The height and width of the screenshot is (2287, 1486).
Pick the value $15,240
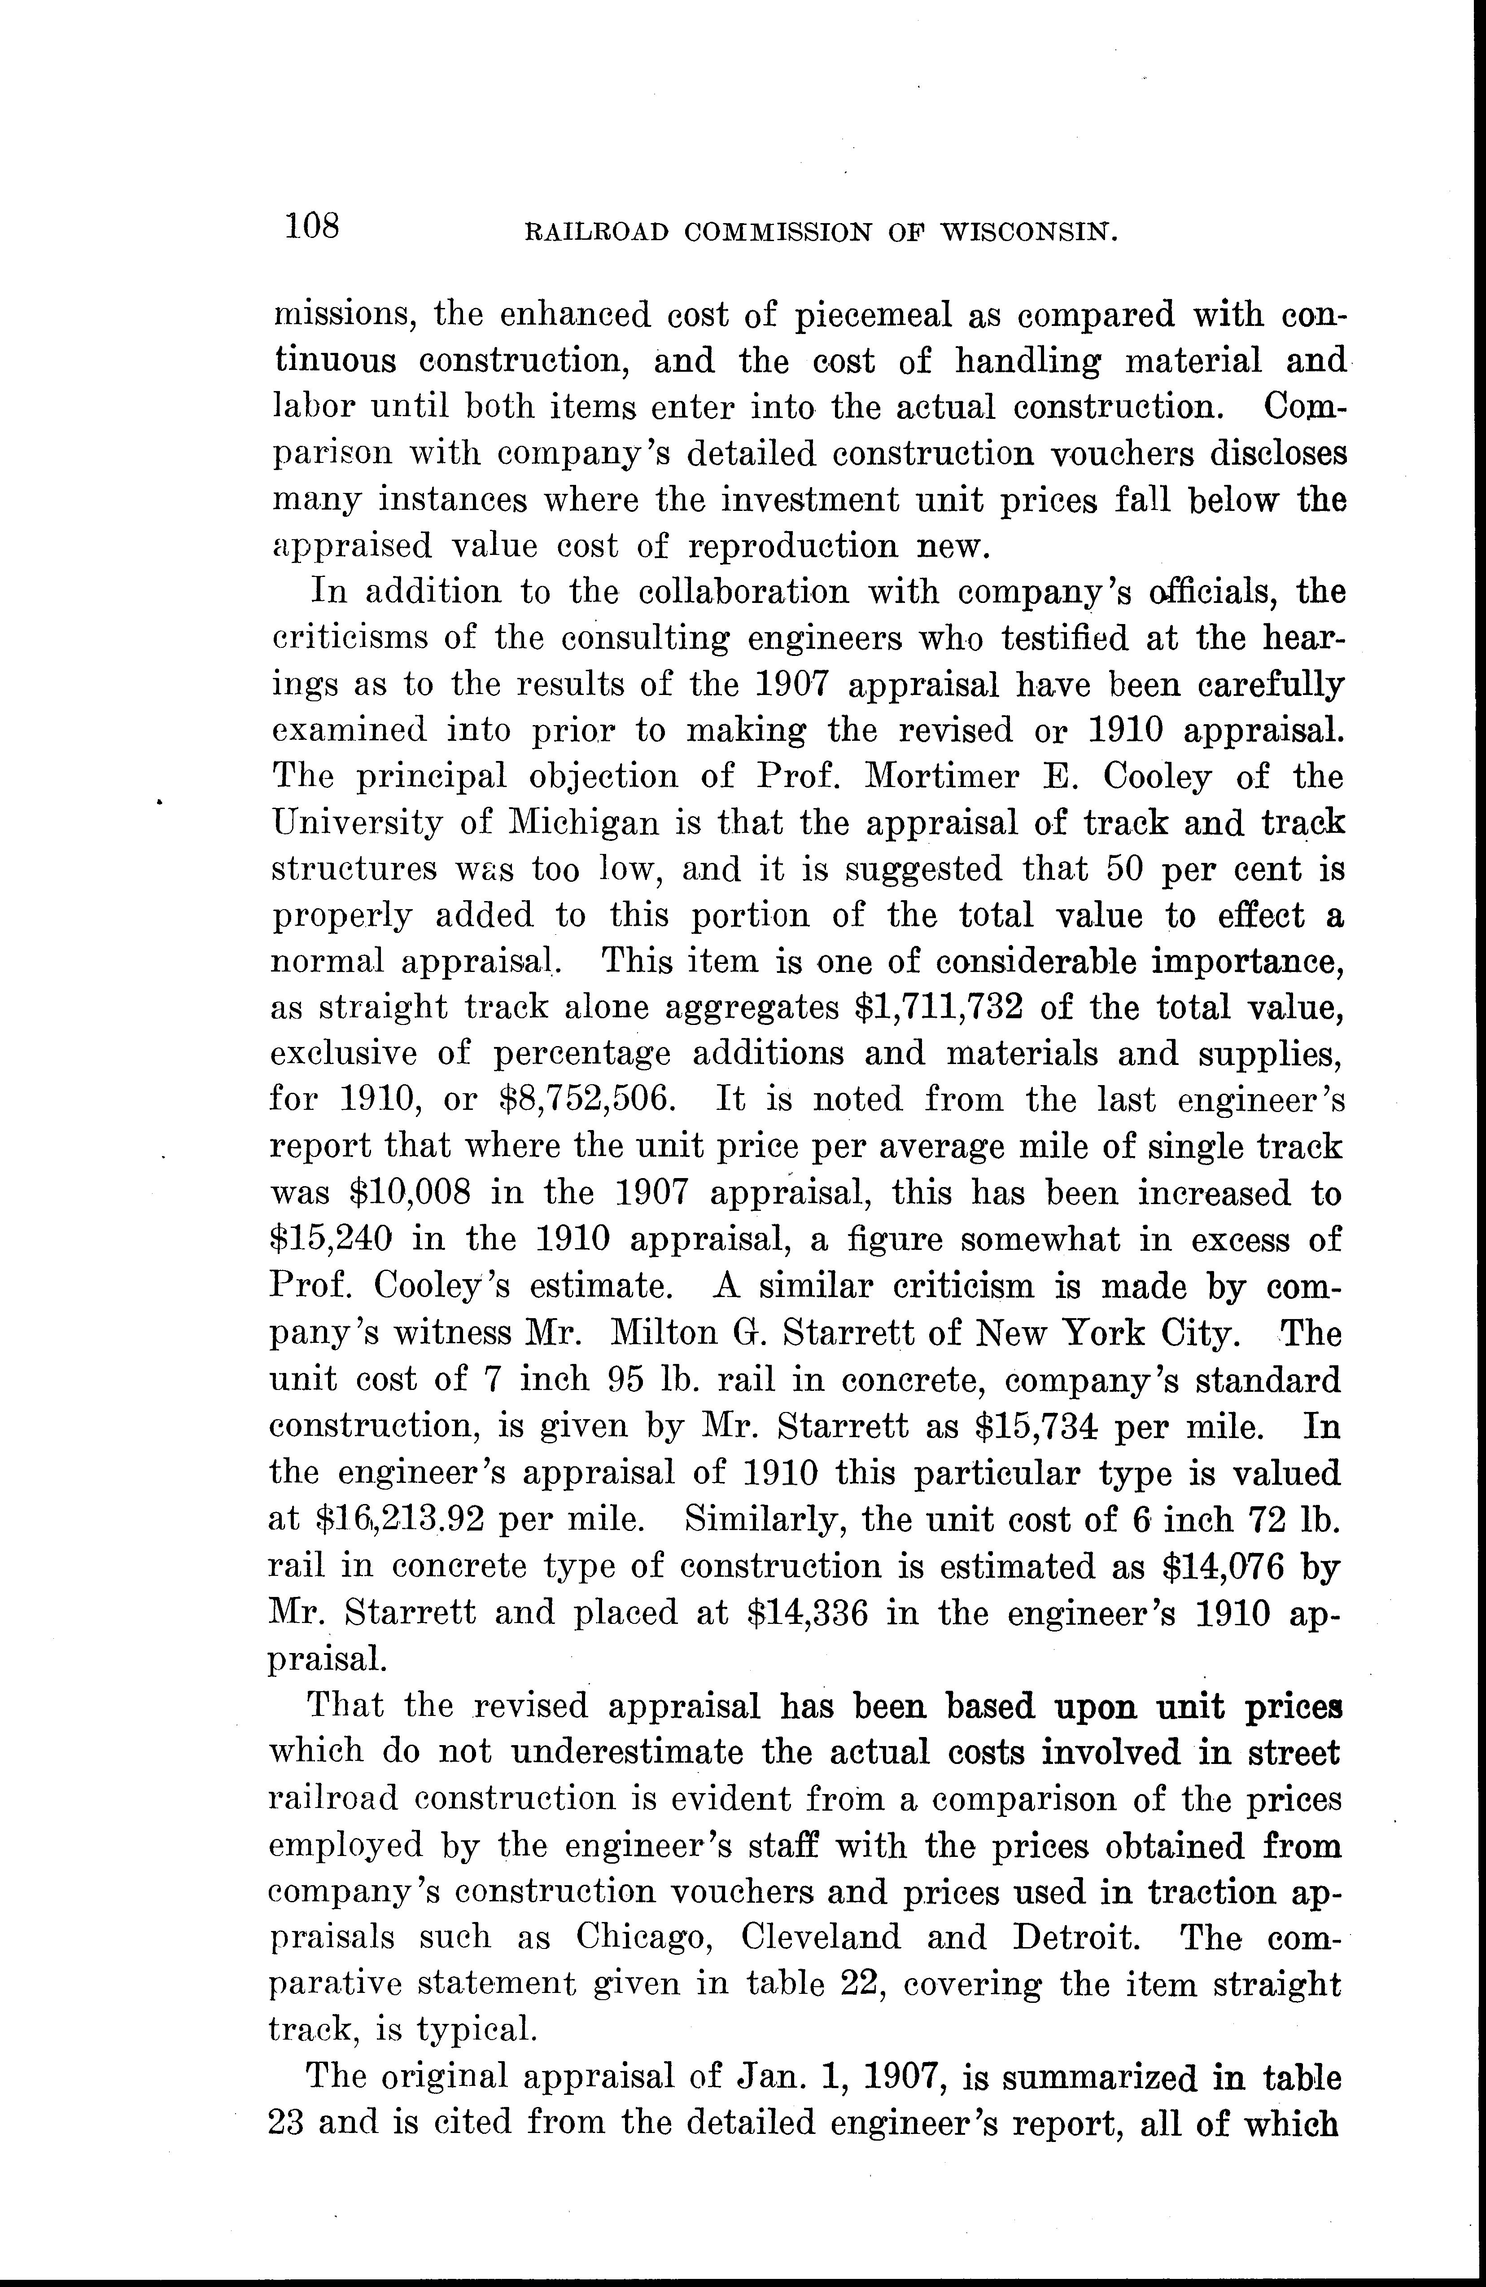[330, 1240]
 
